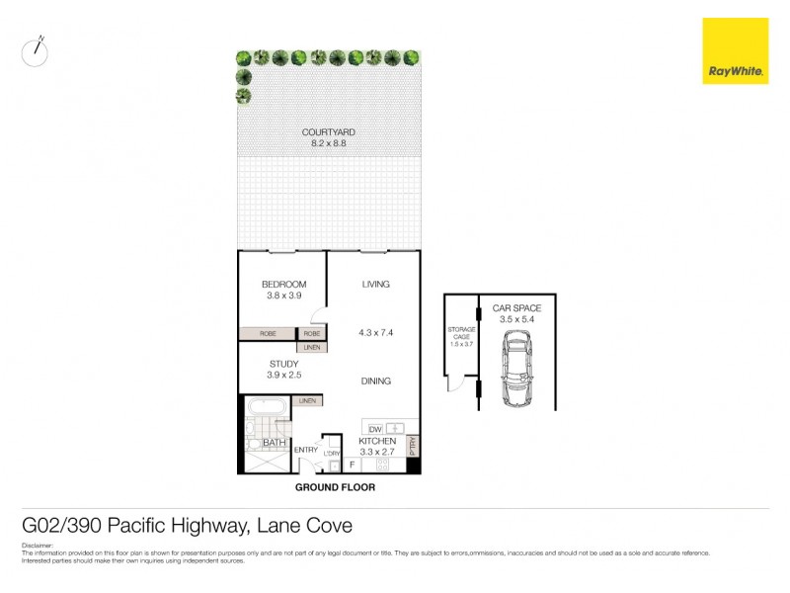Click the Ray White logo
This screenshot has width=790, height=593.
click(x=735, y=51)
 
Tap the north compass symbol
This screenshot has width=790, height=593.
click(x=36, y=50)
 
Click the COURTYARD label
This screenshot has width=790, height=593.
click(x=329, y=131)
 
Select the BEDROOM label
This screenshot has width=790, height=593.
click(x=283, y=285)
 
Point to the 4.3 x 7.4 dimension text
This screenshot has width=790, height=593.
click(x=375, y=333)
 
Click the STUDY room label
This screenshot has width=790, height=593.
click(x=283, y=364)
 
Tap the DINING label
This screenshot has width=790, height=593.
click(x=375, y=381)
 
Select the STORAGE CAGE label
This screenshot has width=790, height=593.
click(x=461, y=332)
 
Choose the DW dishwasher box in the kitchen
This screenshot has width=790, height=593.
click(x=375, y=429)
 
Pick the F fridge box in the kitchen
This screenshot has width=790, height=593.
click(x=353, y=464)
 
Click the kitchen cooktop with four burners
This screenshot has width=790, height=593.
click(x=333, y=466)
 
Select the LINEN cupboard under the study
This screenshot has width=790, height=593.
click(x=307, y=400)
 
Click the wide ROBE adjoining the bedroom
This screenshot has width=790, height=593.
click(x=268, y=334)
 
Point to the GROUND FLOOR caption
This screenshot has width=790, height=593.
click(x=336, y=487)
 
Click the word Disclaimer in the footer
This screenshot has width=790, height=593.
click(x=39, y=545)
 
